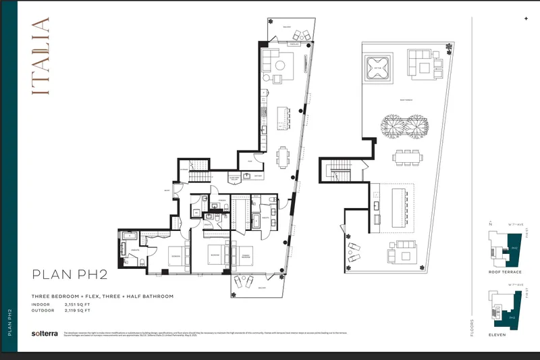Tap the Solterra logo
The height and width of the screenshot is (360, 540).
43,334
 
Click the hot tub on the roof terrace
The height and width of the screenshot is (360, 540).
376,68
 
